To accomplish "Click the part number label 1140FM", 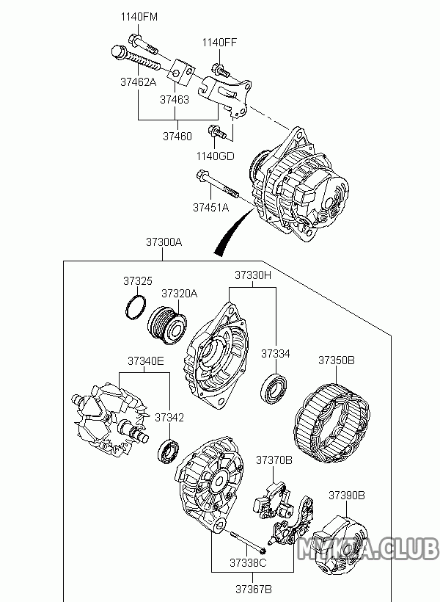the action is click(139, 17).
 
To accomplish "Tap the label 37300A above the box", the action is click(164, 242).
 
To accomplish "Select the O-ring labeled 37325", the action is click(136, 307).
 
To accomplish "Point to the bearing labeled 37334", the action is click(274, 388).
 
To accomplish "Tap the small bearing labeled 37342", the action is click(169, 452).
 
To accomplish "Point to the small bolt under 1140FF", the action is click(220, 70).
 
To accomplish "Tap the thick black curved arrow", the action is click(234, 232).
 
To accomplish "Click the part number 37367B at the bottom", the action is click(254, 589).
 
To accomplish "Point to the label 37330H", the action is click(253, 275).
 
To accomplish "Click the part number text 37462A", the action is click(139, 81).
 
